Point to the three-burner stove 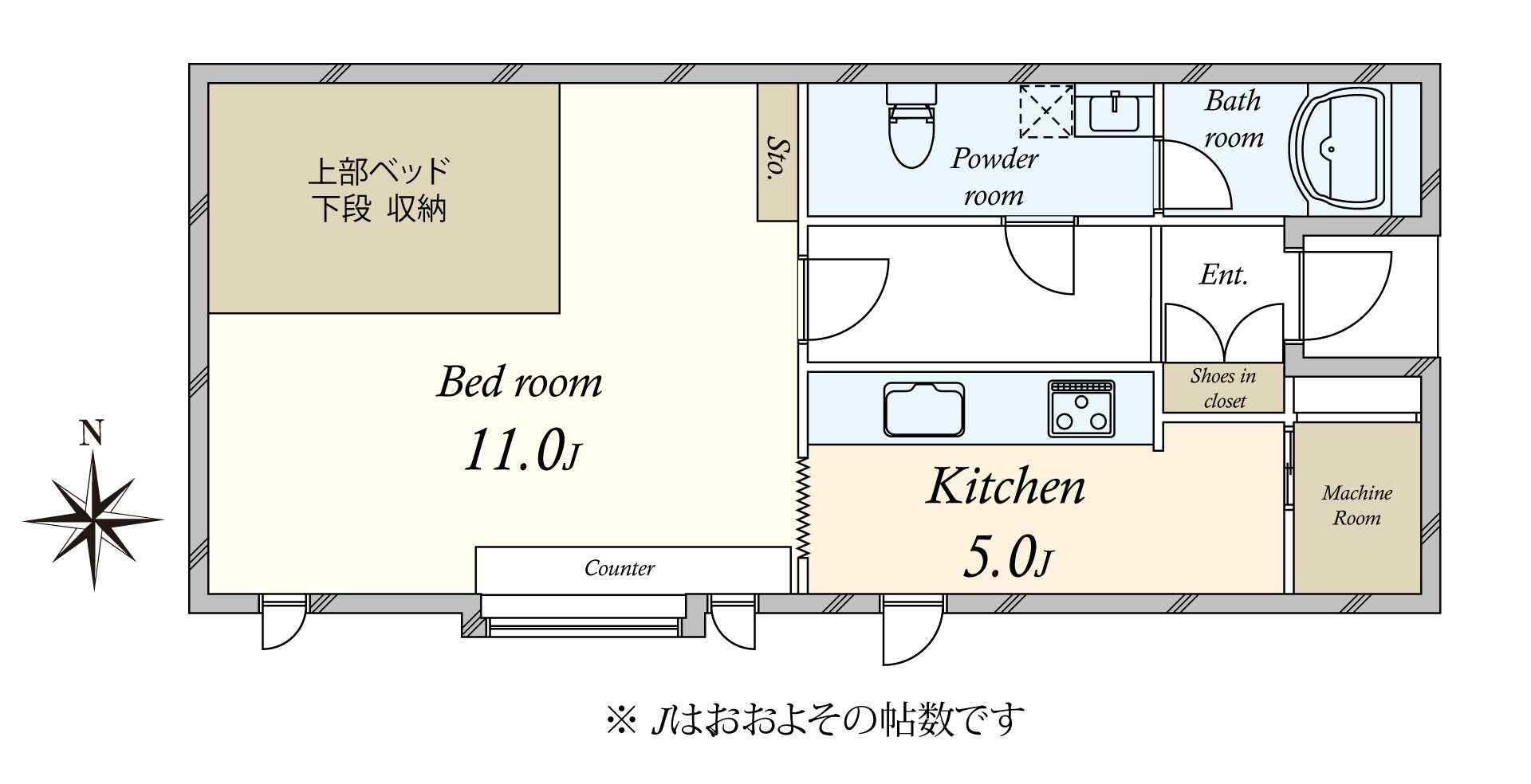point(1081,408)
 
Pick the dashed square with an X point(1045,112)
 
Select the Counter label point(619,568)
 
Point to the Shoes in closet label point(1223,388)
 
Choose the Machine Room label point(1356,505)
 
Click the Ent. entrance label point(1223,275)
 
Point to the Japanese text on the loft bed point(380,190)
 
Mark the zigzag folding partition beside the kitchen point(802,507)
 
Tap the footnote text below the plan point(814,720)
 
